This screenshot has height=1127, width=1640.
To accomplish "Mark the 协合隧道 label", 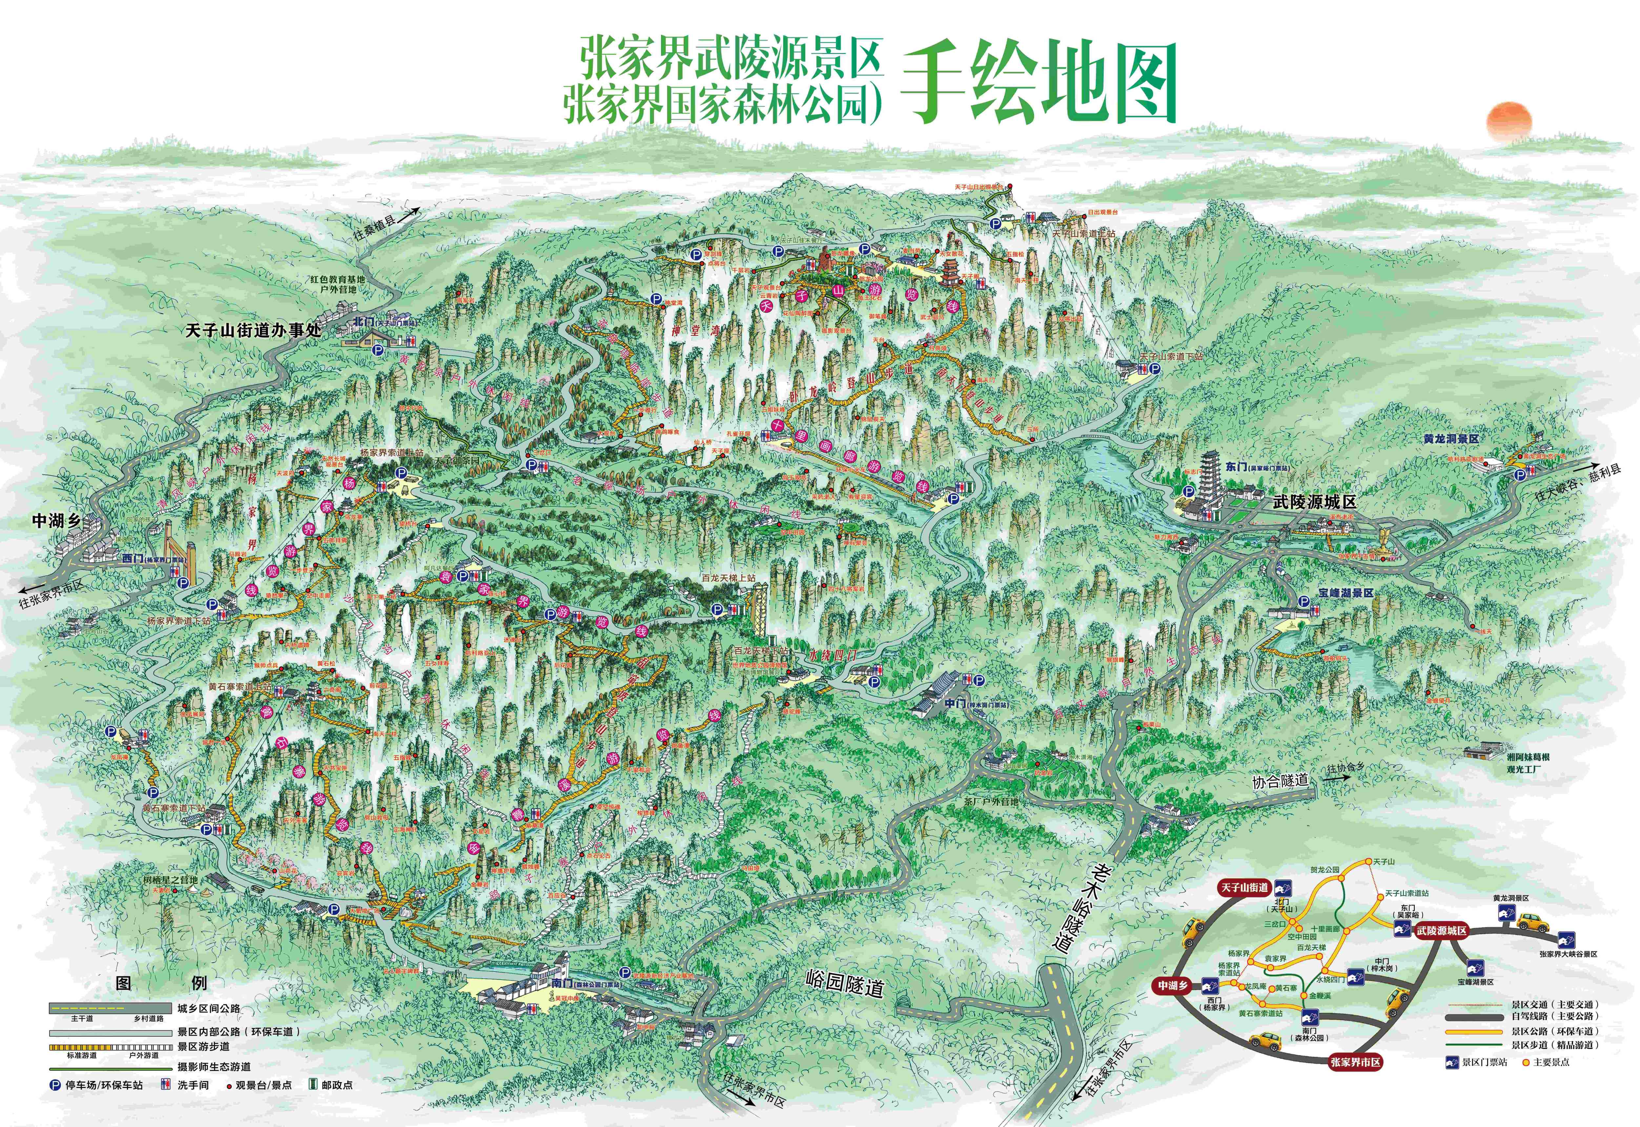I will tap(1280, 781).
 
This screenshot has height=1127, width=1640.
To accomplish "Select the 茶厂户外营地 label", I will tap(991, 801).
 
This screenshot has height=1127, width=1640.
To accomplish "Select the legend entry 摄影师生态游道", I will tap(214, 1066).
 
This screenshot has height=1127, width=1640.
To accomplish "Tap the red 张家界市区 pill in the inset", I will tap(1355, 1062).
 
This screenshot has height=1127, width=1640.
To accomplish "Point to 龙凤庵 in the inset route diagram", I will tap(1256, 986).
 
